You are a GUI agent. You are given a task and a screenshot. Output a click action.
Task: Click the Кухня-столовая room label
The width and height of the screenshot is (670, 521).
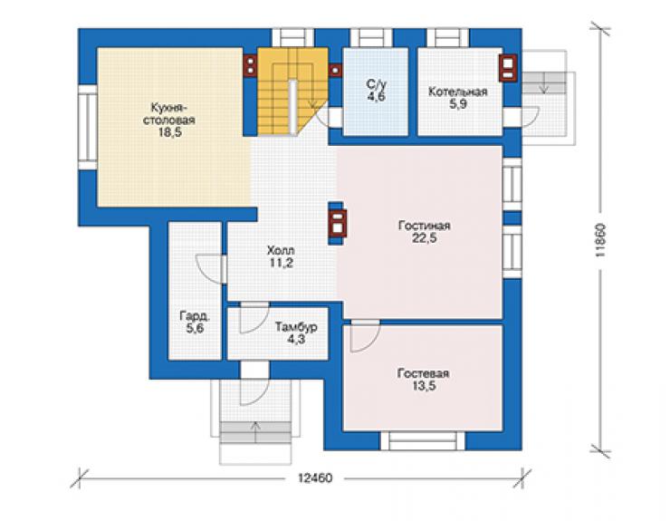point(168,113)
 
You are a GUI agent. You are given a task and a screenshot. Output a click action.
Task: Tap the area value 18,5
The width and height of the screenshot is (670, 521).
point(170,132)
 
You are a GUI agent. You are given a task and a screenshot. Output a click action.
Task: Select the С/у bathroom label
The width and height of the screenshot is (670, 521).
point(376,84)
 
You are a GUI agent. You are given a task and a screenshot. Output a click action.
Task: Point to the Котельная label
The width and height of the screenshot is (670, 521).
point(457,92)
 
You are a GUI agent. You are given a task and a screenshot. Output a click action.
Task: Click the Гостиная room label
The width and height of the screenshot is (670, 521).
point(425,226)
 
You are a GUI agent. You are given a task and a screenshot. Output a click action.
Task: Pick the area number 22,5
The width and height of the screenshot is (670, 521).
point(425,238)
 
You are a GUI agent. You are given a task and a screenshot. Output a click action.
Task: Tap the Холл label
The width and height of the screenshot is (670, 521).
point(281,250)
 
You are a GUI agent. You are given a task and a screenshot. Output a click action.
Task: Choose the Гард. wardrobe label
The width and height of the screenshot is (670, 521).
point(195,316)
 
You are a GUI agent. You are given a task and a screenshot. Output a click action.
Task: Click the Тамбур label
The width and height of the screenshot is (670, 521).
point(296,327)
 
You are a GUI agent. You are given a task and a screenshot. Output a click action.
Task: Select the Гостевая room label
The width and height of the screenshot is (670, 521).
point(423,373)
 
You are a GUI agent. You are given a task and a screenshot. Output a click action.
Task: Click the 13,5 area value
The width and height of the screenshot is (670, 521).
point(424,386)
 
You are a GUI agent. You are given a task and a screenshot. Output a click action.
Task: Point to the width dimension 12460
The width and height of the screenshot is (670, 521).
point(315,478)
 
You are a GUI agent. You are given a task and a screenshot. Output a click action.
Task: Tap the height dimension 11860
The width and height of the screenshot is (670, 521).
point(600,239)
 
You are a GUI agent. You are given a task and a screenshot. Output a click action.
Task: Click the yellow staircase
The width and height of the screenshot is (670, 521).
point(292,92)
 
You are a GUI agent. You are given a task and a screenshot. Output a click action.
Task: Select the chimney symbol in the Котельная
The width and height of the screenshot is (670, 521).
point(508,68)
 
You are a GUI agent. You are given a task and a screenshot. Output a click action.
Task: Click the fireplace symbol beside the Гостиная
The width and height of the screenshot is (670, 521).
point(337,223)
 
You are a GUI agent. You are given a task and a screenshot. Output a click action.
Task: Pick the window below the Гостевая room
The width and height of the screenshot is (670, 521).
point(423,440)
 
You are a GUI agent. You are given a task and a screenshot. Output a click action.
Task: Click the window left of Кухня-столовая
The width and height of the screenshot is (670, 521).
point(88,128)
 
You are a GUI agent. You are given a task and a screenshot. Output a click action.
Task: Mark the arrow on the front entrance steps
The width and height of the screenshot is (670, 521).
point(255,431)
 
